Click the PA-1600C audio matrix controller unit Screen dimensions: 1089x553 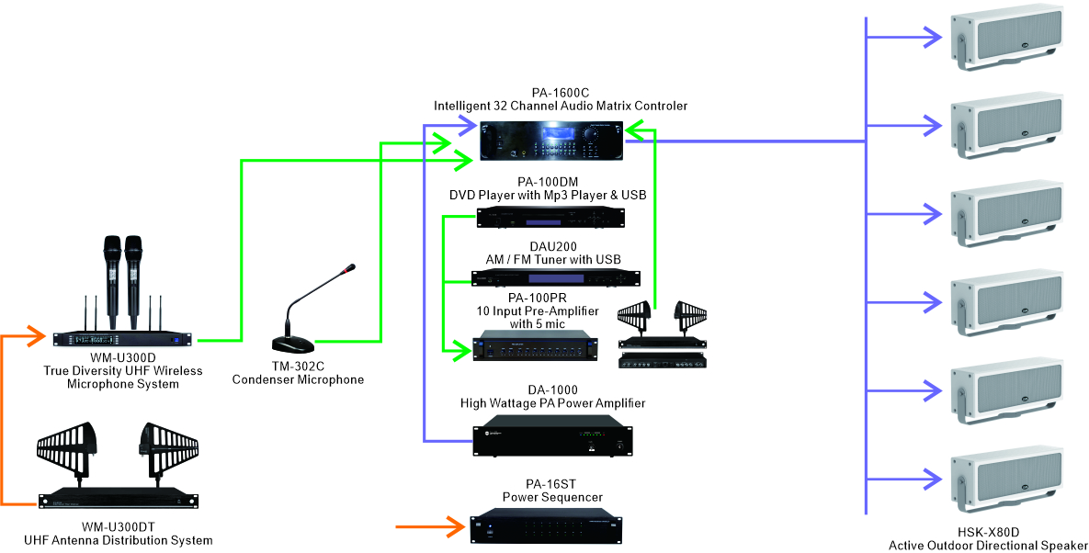tap(553, 140)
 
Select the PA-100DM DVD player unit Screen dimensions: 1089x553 tap(550, 217)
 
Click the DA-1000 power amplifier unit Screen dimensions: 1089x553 tap(553, 435)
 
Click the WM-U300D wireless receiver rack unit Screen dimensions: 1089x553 tap(122, 339)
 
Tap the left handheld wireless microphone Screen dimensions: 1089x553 tap(112, 281)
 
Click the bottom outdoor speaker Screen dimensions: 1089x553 tap(1007, 478)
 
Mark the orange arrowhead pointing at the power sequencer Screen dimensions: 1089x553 tap(455, 527)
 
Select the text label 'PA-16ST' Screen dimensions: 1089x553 tap(550, 484)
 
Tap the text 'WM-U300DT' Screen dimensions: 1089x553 tap(118, 527)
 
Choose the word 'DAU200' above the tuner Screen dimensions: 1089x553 tap(553, 246)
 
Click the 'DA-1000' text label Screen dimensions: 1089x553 tap(552, 389)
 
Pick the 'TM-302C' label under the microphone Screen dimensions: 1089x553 tap(298, 367)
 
